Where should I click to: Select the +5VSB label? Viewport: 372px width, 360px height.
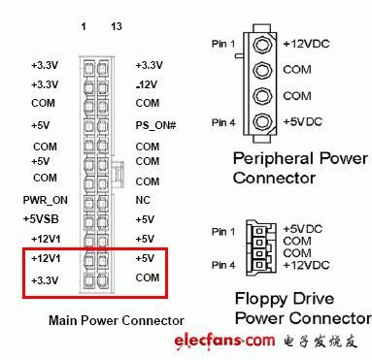(x=44, y=218)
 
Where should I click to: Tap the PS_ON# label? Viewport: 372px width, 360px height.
(x=155, y=125)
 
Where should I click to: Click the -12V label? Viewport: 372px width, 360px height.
(x=149, y=84)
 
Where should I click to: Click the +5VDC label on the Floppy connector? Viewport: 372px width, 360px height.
(x=306, y=229)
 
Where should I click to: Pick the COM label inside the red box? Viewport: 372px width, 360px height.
(x=147, y=278)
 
